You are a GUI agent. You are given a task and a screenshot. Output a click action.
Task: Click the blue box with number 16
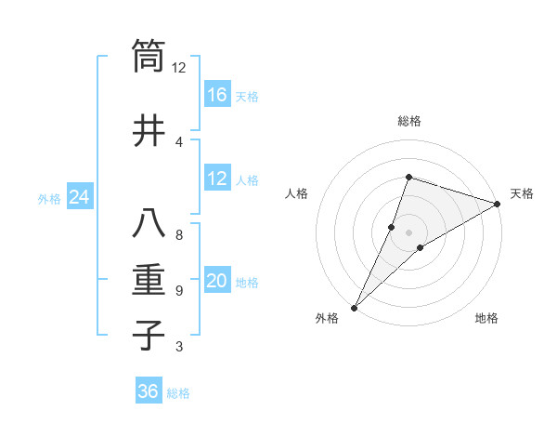[217, 95]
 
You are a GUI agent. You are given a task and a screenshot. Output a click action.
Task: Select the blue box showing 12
[217, 179]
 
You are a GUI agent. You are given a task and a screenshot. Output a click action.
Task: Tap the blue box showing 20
[217, 281]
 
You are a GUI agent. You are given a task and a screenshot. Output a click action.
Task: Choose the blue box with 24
[79, 197]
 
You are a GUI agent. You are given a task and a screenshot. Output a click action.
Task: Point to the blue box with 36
[149, 391]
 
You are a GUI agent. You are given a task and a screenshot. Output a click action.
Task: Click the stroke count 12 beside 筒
[178, 67]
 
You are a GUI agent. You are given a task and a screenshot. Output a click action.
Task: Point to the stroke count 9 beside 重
[178, 291]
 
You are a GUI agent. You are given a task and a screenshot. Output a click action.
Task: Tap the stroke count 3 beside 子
[178, 347]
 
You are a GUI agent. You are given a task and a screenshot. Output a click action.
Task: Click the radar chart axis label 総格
[408, 121]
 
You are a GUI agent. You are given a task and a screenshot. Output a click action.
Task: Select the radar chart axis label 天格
[522, 193]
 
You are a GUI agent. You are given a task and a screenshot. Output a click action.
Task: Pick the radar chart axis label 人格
[296, 193]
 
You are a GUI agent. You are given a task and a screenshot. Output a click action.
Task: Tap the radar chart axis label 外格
[327, 318]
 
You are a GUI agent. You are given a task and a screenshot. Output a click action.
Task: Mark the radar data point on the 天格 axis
[497, 204]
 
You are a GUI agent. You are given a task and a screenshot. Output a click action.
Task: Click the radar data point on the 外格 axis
[354, 307]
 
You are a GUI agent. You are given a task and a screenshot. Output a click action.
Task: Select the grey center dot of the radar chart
[408, 232]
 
